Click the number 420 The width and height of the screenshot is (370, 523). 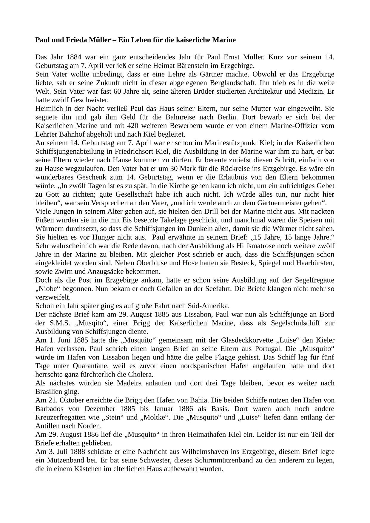(x=134, y=126)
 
